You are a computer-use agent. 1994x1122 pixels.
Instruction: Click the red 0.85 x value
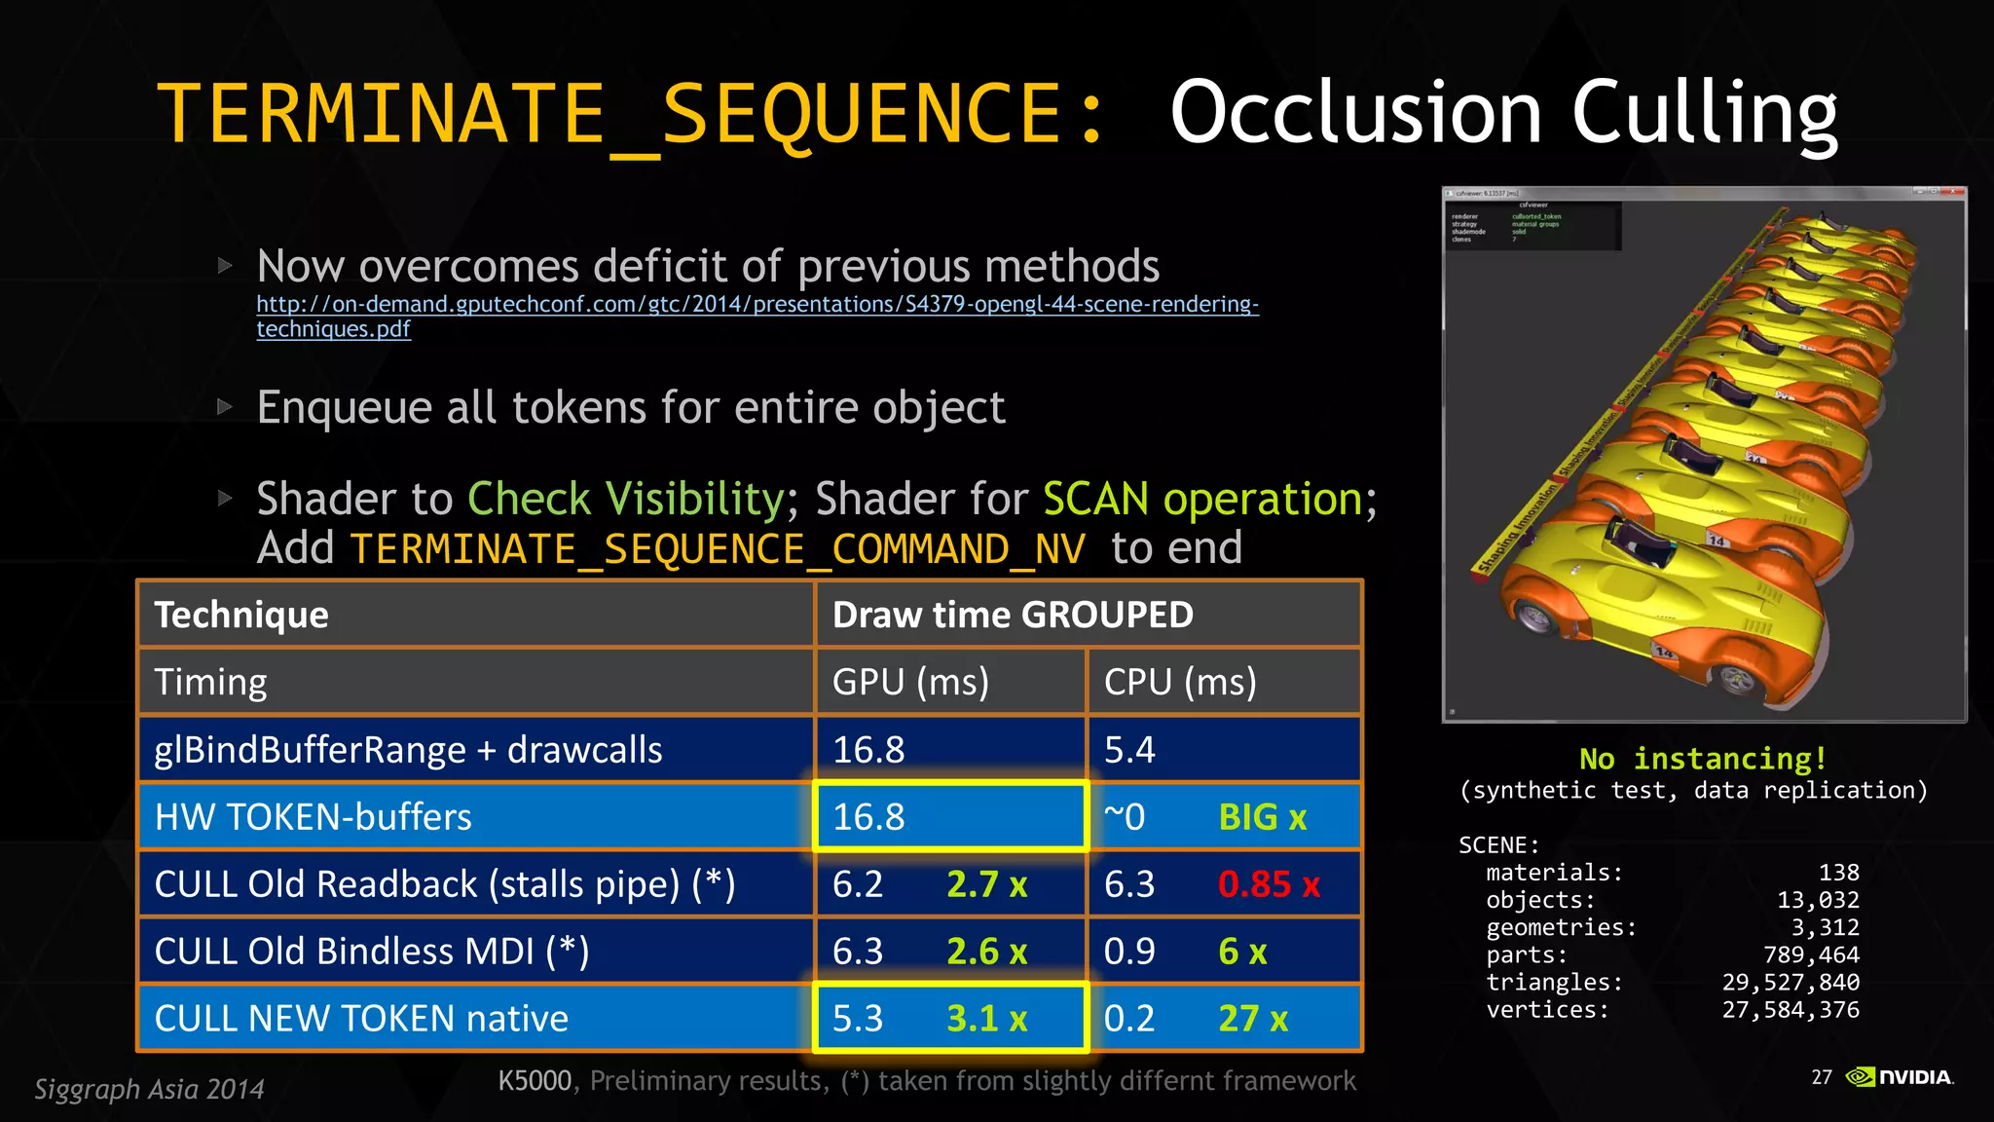tap(1268, 884)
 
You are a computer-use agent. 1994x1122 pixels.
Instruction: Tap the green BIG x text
tap(1262, 817)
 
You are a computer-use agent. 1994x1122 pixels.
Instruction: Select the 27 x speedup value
tap(1252, 1019)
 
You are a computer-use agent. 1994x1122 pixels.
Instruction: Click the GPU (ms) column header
tap(910, 682)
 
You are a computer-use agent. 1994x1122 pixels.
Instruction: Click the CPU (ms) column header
tap(1180, 682)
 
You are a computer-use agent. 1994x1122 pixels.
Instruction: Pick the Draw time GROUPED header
tap(1013, 615)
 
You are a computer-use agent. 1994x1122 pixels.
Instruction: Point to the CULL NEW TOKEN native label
tap(361, 1019)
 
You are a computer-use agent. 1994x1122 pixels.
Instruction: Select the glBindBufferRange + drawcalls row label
tap(408, 750)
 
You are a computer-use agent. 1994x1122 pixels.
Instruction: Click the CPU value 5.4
tap(1129, 750)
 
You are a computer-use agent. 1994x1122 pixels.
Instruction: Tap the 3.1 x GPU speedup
tap(986, 1019)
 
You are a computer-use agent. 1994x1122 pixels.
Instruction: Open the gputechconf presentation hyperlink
tap(757, 305)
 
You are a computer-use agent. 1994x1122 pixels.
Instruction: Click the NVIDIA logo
tap(1900, 1077)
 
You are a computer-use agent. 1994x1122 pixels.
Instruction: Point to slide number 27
tap(1821, 1077)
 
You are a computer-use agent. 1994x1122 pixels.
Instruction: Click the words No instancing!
tap(1703, 759)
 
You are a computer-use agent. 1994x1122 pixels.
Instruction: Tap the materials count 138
tap(1838, 873)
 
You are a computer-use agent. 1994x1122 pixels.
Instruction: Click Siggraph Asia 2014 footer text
tap(149, 1089)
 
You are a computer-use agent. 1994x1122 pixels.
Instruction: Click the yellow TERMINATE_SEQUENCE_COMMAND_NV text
tap(718, 549)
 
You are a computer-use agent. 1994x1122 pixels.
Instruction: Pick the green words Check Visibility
tap(625, 500)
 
